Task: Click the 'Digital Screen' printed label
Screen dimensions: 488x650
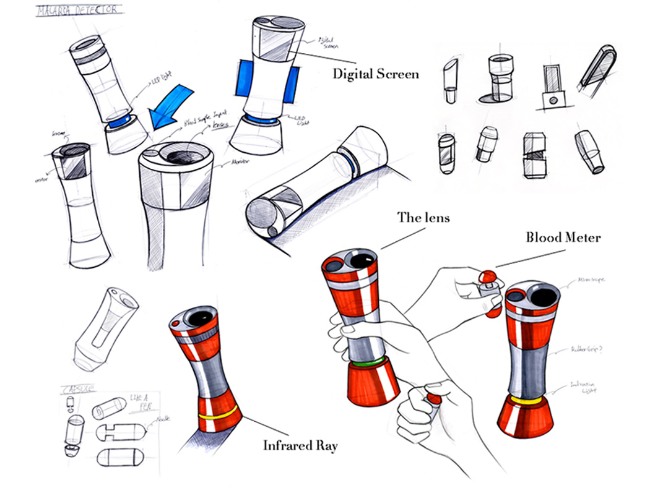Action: click(376, 74)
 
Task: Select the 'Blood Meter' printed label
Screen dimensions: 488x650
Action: click(563, 237)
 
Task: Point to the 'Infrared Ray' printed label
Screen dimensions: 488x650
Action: click(300, 445)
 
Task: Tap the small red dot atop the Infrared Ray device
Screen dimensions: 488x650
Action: click(178, 324)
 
